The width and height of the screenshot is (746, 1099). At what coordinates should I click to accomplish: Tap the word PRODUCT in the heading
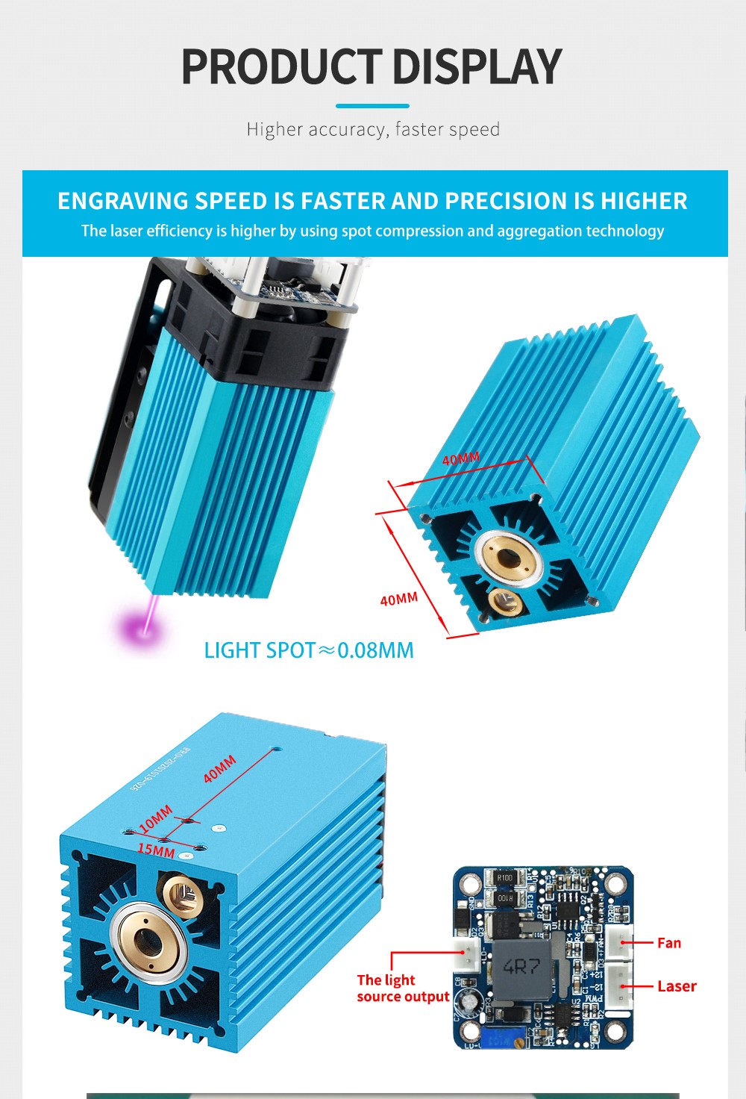pyautogui.click(x=282, y=67)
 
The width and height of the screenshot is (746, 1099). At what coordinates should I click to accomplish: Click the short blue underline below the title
pyautogui.click(x=372, y=106)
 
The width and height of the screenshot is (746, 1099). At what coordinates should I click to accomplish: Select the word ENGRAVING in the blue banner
pyautogui.click(x=122, y=201)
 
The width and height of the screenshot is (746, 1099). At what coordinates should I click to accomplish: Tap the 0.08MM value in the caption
pyautogui.click(x=375, y=650)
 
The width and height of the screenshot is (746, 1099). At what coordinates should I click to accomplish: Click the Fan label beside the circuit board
pyautogui.click(x=669, y=943)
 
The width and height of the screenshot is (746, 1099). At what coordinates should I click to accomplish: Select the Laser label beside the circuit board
pyautogui.click(x=677, y=986)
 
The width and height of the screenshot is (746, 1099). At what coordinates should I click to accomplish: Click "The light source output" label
pyautogui.click(x=403, y=989)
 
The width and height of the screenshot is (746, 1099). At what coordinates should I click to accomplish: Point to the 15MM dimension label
pyautogui.click(x=156, y=850)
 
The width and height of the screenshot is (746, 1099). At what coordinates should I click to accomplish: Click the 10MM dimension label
pyautogui.click(x=155, y=818)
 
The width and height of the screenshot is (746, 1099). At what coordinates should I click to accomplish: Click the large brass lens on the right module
pyautogui.click(x=509, y=556)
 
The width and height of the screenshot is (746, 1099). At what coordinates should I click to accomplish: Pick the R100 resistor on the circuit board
pyautogui.click(x=505, y=878)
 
